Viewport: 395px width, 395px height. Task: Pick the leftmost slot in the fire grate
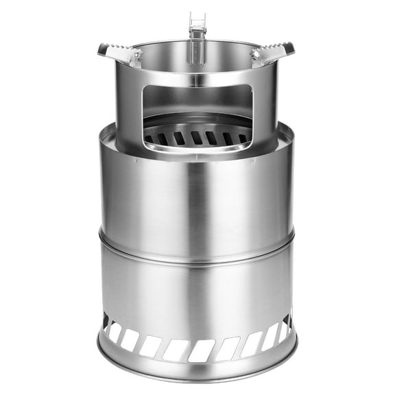(149, 139)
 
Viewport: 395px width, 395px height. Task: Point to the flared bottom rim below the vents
(197, 370)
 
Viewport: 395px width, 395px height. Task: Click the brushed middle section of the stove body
(197, 192)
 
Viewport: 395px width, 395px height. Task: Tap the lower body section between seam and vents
(197, 288)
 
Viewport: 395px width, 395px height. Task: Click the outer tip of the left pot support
(101, 48)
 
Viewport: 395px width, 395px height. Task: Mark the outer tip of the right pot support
(292, 48)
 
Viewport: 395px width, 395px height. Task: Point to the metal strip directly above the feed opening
(197, 80)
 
